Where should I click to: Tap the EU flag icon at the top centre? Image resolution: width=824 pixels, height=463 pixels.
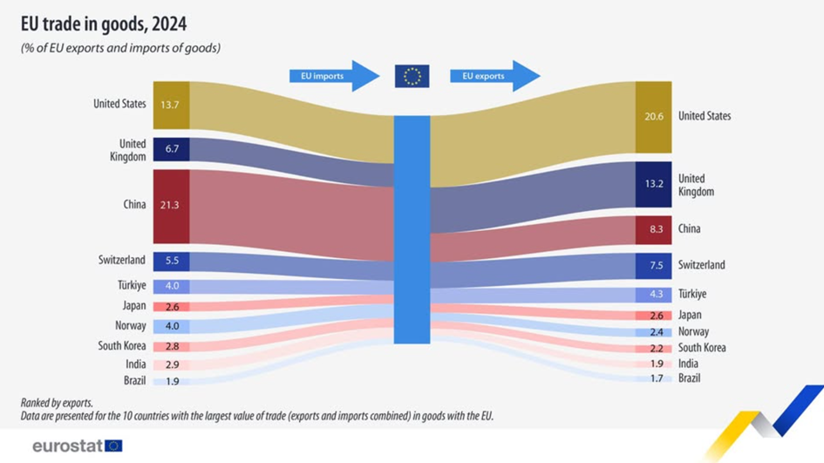coord(412,76)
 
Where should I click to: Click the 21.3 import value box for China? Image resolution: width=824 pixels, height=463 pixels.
coord(171,206)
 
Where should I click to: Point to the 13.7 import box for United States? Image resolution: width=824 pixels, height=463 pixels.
coord(171,106)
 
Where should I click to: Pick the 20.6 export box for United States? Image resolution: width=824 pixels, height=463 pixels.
coord(653,117)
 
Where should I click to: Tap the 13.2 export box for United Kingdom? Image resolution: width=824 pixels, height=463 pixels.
coord(653,184)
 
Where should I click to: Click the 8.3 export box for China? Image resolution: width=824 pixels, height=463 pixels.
coord(653,229)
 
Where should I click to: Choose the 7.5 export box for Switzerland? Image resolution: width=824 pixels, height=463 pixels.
coord(653,265)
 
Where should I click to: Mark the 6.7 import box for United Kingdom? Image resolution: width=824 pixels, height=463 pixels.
coord(171,149)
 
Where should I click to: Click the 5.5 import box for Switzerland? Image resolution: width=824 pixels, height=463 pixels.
coord(171,261)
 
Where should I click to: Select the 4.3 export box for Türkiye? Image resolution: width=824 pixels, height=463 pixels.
coord(653,295)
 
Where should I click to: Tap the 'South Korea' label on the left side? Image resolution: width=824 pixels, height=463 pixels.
coord(121,346)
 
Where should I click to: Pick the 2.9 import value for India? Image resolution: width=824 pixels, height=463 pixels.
coord(171,364)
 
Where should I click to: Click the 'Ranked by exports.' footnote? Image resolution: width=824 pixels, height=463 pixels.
coord(57,403)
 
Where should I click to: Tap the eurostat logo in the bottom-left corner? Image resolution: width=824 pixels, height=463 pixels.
coord(77,446)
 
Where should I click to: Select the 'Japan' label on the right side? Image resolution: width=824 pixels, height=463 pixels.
coord(690,316)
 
